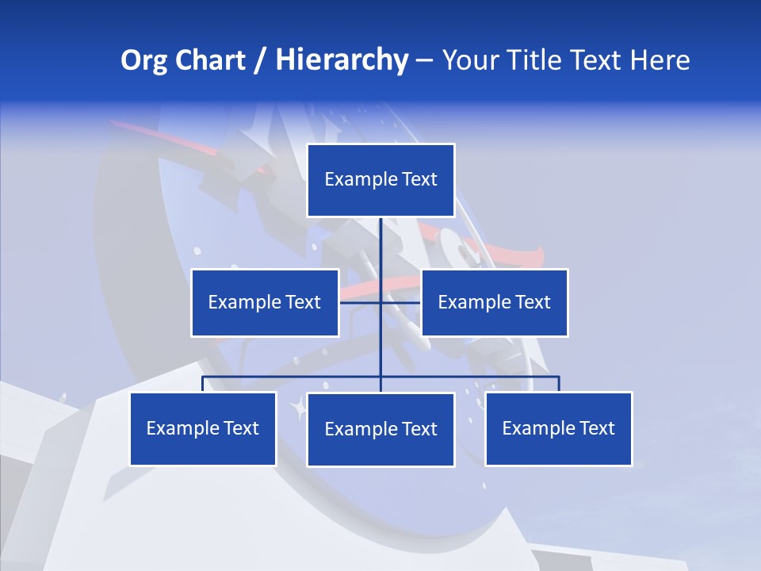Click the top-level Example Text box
coord(380,180)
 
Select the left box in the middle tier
coord(265,302)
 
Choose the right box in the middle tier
coord(495,302)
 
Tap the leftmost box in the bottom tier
coord(203,428)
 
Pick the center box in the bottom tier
coord(380,429)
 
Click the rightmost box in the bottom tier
coord(559,428)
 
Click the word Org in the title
coord(144,60)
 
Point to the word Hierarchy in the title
coord(342,60)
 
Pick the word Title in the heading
coord(538,60)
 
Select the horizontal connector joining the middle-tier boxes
coord(361,302)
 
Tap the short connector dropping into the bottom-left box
coord(203,384)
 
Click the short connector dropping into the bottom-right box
coord(559,384)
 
